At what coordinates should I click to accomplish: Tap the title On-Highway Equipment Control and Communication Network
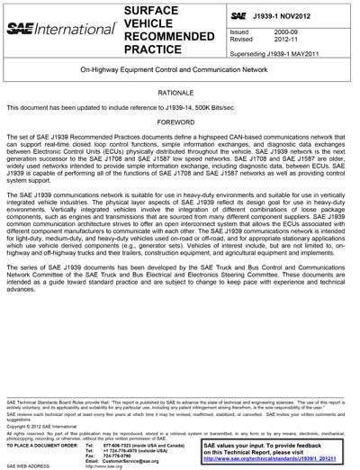click(x=180, y=68)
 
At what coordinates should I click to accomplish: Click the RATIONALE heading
click(x=180, y=91)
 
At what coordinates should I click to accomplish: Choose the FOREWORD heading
click(x=180, y=122)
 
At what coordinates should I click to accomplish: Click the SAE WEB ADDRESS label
click(x=28, y=466)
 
